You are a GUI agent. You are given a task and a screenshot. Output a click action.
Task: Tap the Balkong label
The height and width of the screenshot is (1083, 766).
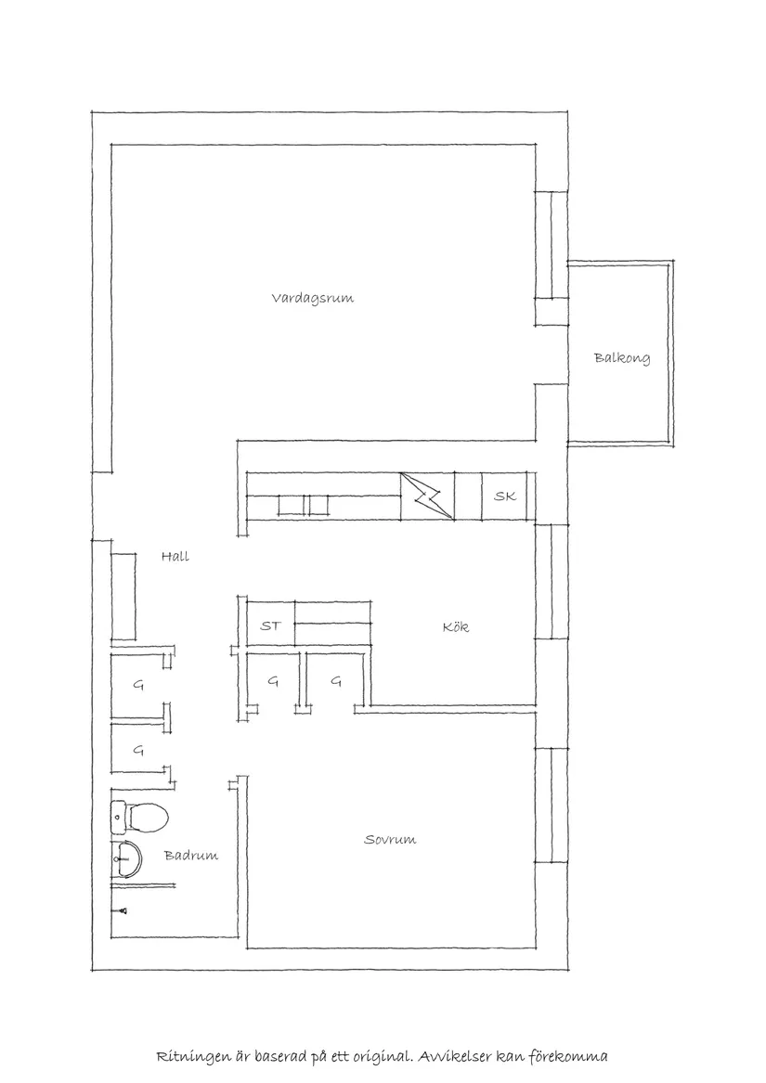tap(622, 358)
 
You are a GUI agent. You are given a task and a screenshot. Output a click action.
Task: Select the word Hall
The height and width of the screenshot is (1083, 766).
tap(175, 557)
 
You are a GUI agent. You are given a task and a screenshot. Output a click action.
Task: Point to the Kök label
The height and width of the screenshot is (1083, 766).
tap(455, 627)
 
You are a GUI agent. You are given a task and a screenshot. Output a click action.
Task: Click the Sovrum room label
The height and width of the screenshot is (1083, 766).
tap(390, 840)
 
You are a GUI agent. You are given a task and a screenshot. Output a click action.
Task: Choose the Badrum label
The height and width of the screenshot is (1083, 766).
tap(191, 856)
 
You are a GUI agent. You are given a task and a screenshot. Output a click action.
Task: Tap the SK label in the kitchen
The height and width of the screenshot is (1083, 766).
tap(504, 497)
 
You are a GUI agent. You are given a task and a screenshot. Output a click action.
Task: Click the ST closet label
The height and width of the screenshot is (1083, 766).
tap(270, 626)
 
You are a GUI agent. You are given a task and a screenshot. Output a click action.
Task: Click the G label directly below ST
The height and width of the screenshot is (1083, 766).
tap(273, 681)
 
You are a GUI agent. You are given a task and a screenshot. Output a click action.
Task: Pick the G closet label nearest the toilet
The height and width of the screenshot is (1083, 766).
tap(137, 750)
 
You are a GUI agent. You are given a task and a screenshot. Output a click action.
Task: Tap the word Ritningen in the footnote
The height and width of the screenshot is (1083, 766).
tap(190, 1056)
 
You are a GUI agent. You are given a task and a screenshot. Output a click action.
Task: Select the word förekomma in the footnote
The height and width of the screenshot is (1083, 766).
tap(571, 1056)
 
